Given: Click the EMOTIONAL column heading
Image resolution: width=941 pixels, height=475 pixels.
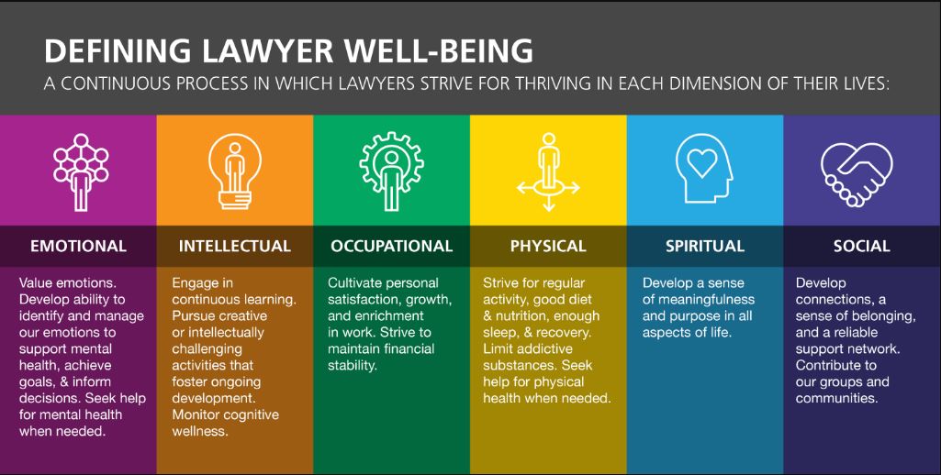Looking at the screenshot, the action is point(79,246).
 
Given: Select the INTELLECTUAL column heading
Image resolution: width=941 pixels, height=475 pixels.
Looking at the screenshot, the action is point(235,246).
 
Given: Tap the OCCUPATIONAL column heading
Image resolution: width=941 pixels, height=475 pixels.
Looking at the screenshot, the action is point(391,246).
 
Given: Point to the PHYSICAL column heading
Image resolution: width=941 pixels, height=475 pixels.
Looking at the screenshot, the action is point(548,246).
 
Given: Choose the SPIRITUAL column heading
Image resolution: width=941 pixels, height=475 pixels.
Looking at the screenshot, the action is point(704,246).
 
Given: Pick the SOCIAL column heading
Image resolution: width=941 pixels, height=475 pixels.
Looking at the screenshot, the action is point(862,246).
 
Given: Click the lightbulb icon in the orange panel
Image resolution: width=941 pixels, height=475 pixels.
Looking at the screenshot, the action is point(235,171).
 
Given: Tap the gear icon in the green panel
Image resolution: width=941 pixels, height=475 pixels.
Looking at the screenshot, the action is point(391,171).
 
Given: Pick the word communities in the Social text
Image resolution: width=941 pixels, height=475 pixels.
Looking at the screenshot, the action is point(836,398).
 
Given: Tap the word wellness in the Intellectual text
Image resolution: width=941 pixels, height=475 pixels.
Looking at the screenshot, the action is point(200,431).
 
